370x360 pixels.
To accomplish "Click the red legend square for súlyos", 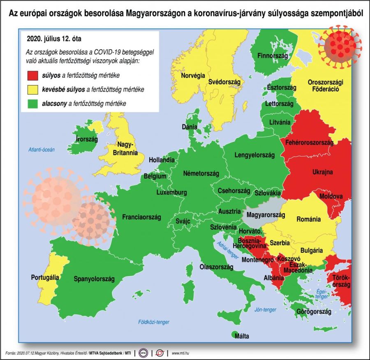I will [32, 76].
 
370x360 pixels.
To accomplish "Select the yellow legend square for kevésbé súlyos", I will [32, 90].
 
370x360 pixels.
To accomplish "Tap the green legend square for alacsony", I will [32, 104].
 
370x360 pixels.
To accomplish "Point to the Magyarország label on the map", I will [264, 215].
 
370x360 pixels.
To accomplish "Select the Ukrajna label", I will [322, 172].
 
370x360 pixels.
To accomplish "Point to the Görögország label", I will [314, 312].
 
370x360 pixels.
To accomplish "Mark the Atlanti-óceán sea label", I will [41, 150].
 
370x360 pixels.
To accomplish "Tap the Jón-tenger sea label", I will [265, 309].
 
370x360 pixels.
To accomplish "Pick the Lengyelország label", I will [254, 155].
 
